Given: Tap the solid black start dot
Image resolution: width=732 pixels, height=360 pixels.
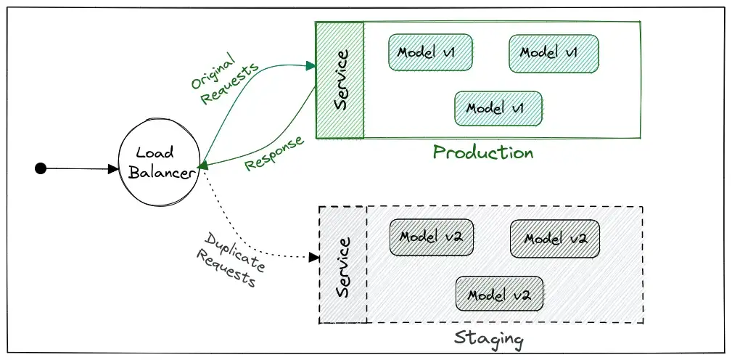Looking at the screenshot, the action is click(x=41, y=168).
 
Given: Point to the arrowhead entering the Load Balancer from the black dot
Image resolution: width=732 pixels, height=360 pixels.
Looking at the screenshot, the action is click(x=113, y=169).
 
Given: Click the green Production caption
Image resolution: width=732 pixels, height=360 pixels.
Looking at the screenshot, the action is click(x=483, y=153).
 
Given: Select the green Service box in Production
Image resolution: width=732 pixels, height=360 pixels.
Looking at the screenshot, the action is click(x=340, y=81).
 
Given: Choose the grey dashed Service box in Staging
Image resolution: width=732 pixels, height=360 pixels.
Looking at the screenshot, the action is click(x=342, y=265).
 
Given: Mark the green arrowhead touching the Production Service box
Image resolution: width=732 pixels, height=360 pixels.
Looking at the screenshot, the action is click(x=311, y=66).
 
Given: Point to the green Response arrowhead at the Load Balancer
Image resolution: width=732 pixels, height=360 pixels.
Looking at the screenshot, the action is click(x=202, y=165).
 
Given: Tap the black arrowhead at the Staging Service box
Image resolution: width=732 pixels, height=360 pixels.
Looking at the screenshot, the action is click(x=314, y=257).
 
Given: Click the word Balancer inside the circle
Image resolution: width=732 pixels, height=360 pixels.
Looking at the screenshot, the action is click(x=161, y=173).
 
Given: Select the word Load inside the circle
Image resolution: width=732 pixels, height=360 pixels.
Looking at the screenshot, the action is click(x=155, y=152).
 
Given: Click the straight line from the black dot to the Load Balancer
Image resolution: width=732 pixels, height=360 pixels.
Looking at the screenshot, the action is click(x=77, y=169).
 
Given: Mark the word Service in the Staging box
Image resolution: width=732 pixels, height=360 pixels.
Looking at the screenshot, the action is click(x=343, y=267).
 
